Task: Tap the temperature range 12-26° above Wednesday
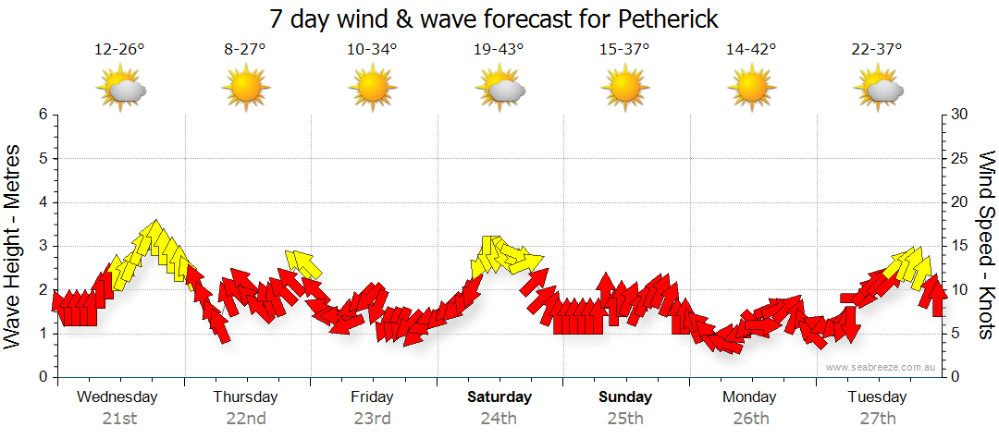pyautogui.click(x=119, y=49)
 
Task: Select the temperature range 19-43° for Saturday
pyautogui.click(x=499, y=49)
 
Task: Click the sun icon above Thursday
pyautogui.click(x=245, y=90)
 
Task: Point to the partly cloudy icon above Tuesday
pyautogui.click(x=878, y=90)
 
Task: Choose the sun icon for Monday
pyautogui.click(x=751, y=90)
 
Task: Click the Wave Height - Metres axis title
pyautogui.click(x=14, y=246)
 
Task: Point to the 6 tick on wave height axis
pyautogui.click(x=42, y=115)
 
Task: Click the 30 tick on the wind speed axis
pyautogui.click(x=961, y=115)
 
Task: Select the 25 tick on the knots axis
pyautogui.click(x=961, y=158)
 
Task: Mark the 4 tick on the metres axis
pyautogui.click(x=42, y=202)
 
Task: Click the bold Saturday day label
pyautogui.click(x=499, y=397)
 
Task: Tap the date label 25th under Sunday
pyautogui.click(x=625, y=419)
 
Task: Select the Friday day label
pyautogui.click(x=372, y=397)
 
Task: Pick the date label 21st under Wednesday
pyautogui.click(x=119, y=419)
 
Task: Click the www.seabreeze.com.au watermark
pyautogui.click(x=882, y=367)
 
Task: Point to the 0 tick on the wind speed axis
pyautogui.click(x=956, y=377)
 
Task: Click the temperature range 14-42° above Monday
pyautogui.click(x=751, y=49)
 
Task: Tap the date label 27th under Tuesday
pyautogui.click(x=878, y=419)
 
